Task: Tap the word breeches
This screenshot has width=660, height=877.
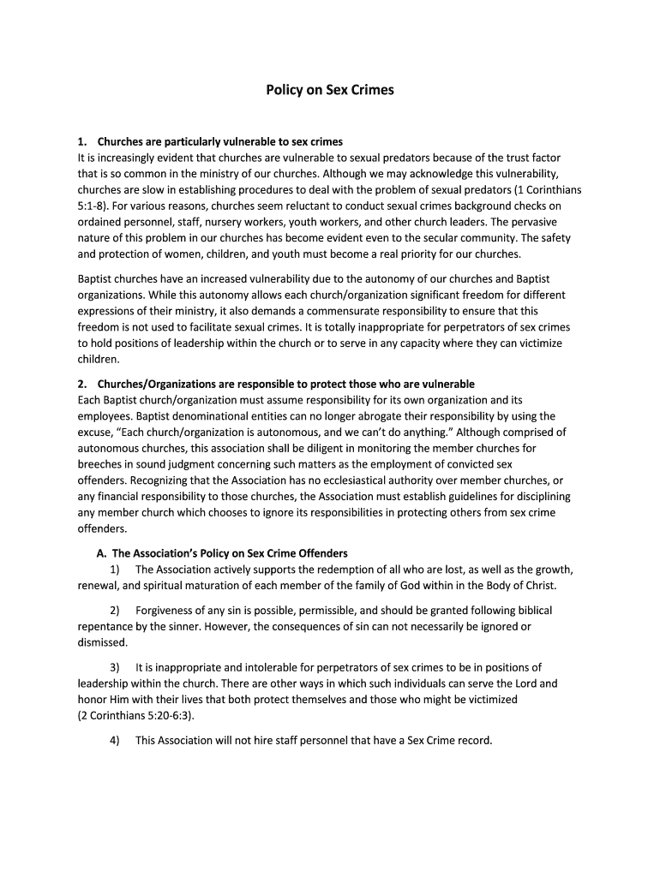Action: point(100,463)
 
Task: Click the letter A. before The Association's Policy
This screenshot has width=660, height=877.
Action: point(103,553)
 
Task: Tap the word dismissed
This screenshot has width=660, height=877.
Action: point(102,642)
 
